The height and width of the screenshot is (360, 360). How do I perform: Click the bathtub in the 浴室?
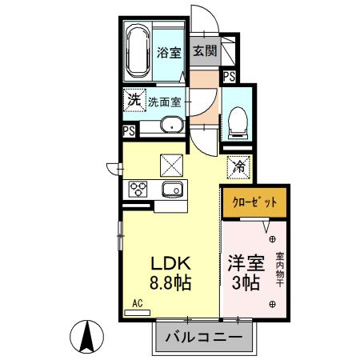[x=138, y=52]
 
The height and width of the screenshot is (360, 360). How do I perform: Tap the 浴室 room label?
[x=168, y=54]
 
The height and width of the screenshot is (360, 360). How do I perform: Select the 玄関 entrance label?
[x=205, y=51]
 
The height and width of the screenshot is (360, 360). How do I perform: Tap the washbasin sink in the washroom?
[x=170, y=125]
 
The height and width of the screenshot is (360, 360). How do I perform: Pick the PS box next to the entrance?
[x=229, y=77]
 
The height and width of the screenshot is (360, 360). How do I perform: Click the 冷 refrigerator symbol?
[x=239, y=167]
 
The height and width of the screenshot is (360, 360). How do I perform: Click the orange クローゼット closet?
[x=254, y=202]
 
